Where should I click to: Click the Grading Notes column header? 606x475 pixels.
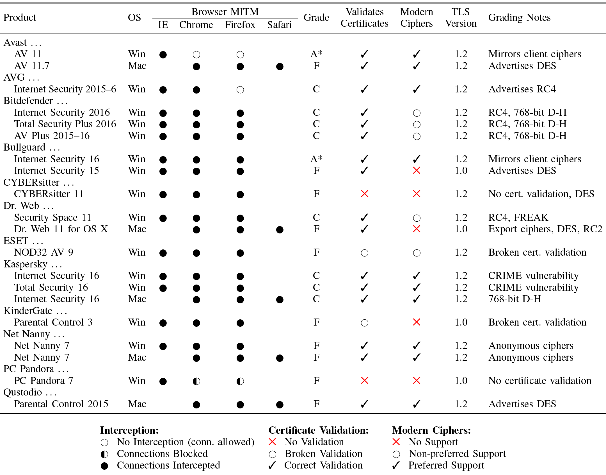519,17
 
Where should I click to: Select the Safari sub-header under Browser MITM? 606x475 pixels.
279,25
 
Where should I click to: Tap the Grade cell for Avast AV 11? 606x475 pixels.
316,54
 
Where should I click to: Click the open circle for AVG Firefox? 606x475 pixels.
240,90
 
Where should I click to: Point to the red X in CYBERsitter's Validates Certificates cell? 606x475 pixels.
364,194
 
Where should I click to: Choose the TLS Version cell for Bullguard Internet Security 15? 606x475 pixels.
461,171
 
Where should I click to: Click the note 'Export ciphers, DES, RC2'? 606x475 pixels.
545,229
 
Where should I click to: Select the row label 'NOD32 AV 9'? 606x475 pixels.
44,252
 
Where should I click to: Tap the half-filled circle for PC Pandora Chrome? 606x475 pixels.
196,381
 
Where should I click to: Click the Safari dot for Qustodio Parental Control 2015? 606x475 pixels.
280,404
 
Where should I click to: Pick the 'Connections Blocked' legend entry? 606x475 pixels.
162,454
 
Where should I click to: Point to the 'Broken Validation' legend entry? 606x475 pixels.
323,454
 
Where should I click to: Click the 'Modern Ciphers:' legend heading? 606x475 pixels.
431,430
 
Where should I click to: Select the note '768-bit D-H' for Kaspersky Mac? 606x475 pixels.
514,299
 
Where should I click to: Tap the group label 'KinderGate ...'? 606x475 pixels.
35,311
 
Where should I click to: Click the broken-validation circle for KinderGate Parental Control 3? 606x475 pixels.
364,323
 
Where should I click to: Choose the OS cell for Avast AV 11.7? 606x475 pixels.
137,66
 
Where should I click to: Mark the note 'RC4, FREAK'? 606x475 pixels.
518,217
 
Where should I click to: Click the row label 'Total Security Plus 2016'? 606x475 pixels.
65,124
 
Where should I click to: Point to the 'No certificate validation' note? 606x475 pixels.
539,381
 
